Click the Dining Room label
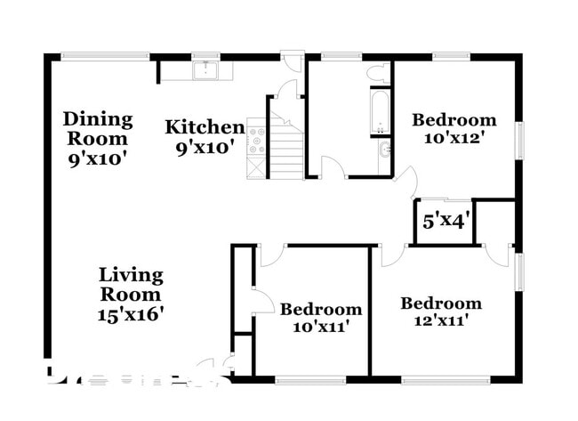98,128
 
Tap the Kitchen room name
205,127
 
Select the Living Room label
131,284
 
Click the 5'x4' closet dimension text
446,221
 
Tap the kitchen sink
205,69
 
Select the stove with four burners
256,141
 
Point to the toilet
377,72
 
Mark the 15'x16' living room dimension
131,313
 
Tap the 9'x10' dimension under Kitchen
205,147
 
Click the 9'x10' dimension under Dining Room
97,158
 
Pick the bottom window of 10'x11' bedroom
311,380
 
